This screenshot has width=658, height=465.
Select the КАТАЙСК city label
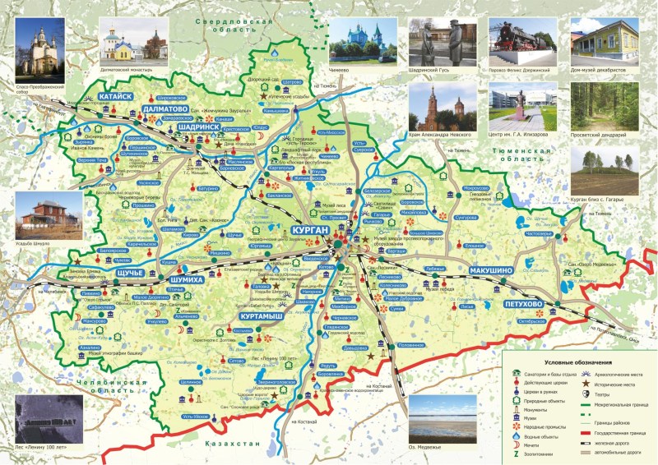114,97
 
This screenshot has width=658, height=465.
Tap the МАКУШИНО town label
492,269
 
